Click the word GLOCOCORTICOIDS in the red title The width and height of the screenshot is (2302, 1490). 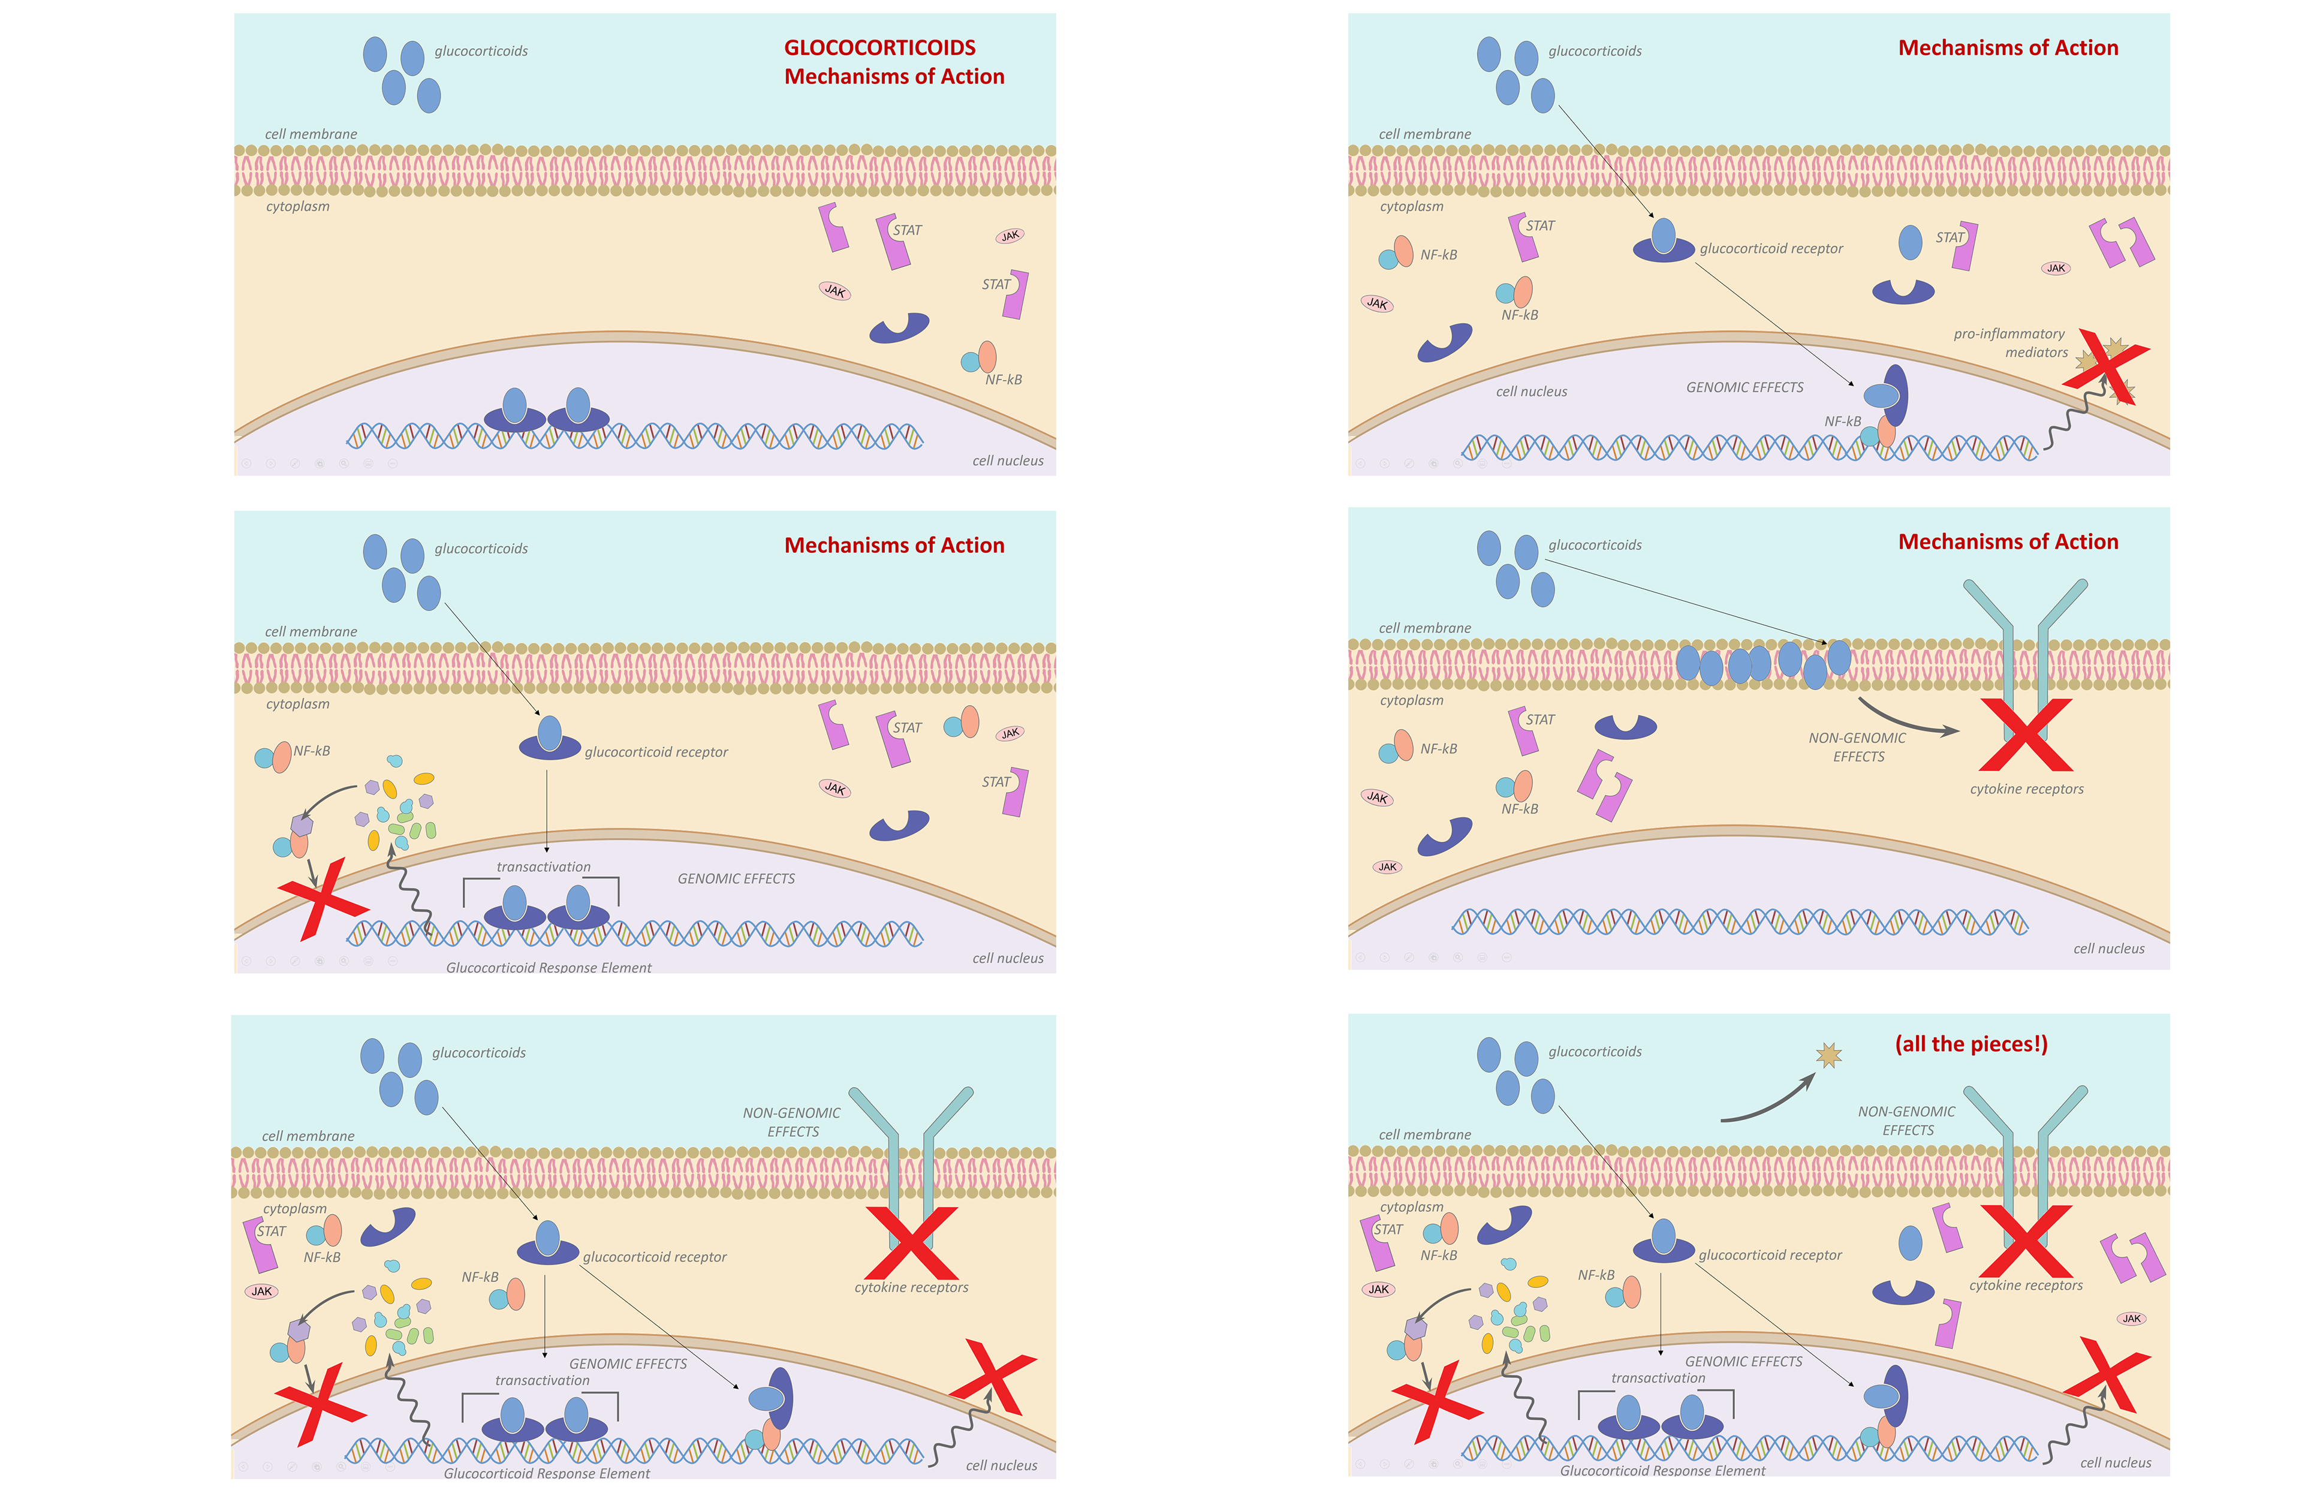(x=879, y=47)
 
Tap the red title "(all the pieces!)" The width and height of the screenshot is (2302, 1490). (x=1970, y=1044)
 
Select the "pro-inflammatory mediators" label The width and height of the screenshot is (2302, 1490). (x=2009, y=342)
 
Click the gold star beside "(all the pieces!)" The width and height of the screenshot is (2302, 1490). (x=1828, y=1055)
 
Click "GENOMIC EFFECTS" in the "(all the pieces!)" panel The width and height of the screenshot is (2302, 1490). (x=1743, y=1361)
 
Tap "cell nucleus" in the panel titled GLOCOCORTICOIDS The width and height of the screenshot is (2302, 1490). (x=1008, y=460)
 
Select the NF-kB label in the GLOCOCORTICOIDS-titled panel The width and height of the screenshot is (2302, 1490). (x=1003, y=380)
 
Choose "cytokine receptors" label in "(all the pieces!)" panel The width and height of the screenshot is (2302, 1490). (x=2026, y=1285)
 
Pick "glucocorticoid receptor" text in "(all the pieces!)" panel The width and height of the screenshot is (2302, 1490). (x=1769, y=1255)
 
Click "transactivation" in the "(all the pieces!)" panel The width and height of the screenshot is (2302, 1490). (x=1658, y=1378)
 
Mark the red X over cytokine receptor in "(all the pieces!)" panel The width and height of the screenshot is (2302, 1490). (x=2026, y=1241)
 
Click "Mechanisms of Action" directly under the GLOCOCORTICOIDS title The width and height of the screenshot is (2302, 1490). (x=894, y=76)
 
